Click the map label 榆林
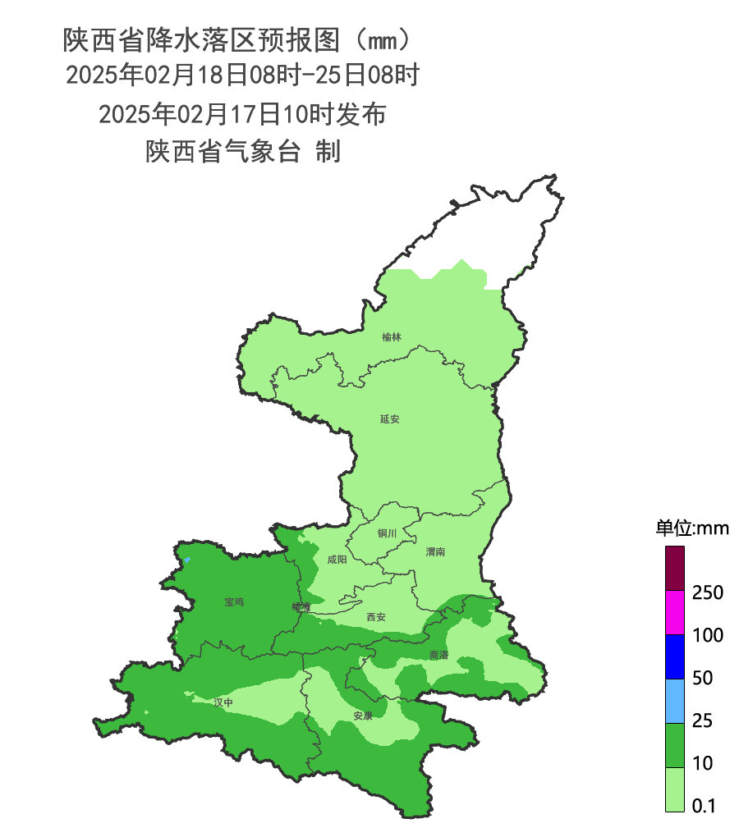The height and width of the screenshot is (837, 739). tap(392, 337)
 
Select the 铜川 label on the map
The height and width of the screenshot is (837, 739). tap(387, 533)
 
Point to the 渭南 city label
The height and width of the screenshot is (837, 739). tap(435, 552)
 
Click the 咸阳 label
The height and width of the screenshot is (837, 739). tap(337, 560)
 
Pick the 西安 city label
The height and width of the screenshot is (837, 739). tap(375, 616)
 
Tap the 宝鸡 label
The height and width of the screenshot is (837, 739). tap(234, 602)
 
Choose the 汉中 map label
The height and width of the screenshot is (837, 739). tap(223, 702)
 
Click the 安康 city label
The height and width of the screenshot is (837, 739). tap(363, 716)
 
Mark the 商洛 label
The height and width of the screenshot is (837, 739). tap(438, 655)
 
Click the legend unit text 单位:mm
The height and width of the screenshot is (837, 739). tap(691, 528)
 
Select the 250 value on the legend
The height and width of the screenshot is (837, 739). tap(707, 592)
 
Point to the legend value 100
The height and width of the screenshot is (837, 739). tap(707, 635)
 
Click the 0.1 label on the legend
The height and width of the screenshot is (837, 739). tap(704, 806)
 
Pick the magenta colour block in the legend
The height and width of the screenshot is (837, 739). tap(674, 613)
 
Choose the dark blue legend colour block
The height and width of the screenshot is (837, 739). tap(674, 656)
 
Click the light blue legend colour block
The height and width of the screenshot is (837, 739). tap(674, 700)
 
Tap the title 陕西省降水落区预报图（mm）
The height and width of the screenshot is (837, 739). tap(235, 39)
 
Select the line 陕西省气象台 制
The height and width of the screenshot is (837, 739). tap(243, 152)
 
